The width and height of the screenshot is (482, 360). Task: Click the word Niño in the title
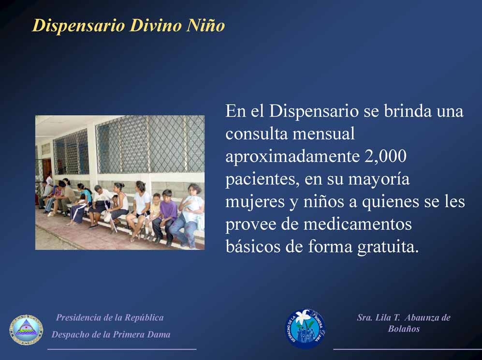click(205, 25)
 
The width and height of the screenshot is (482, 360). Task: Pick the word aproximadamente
click(292, 157)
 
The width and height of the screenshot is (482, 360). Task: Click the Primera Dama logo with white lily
click(305, 329)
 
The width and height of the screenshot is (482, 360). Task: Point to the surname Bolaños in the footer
click(404, 329)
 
